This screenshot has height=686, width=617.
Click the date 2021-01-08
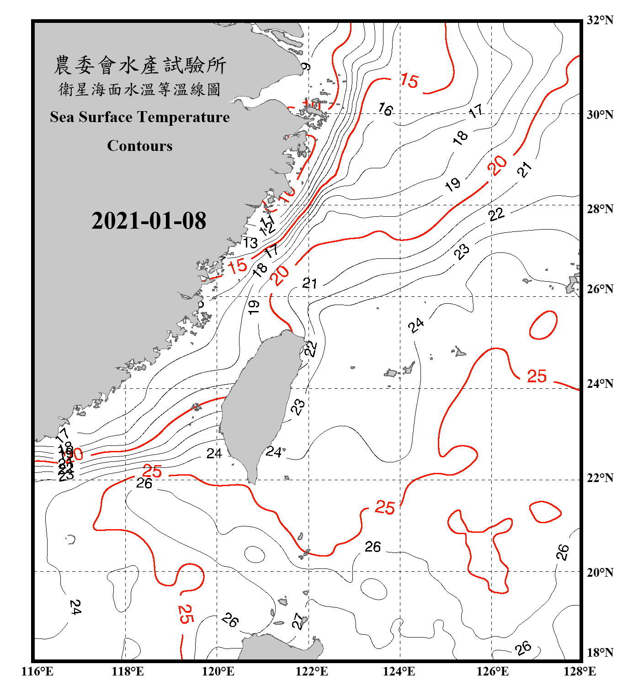(x=149, y=221)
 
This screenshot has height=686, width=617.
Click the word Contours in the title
(x=140, y=146)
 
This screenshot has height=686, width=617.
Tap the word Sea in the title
(x=63, y=117)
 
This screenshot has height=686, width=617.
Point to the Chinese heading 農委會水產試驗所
(x=140, y=65)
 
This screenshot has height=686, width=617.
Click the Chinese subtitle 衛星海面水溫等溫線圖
(x=140, y=89)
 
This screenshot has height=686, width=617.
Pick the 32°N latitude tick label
(x=600, y=20)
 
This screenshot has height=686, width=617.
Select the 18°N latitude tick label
(x=600, y=653)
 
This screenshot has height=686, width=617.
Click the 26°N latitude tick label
(x=600, y=289)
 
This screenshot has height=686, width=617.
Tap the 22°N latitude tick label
(x=600, y=478)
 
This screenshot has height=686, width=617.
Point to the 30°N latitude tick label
(x=600, y=115)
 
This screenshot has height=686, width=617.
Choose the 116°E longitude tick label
(x=37, y=671)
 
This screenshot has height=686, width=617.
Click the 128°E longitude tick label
(x=580, y=671)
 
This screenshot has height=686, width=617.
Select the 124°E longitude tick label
(x=399, y=671)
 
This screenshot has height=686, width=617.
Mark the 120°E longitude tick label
(x=218, y=671)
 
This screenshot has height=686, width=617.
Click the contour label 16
(x=385, y=109)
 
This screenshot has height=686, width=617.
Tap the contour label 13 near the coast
(x=250, y=242)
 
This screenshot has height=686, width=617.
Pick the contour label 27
(x=298, y=621)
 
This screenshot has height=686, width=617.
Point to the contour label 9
(x=306, y=67)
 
